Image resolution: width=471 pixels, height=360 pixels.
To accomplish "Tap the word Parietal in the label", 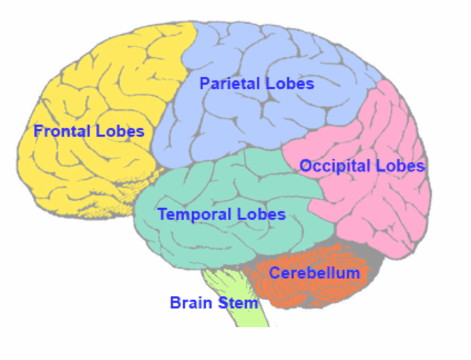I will click(229, 84).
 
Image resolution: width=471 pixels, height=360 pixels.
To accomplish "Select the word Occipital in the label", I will click(335, 166).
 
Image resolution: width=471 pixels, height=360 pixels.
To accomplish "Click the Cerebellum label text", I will click(314, 273).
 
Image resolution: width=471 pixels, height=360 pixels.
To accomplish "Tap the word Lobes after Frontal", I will click(120, 132).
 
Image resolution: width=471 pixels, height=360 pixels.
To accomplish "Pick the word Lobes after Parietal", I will click(290, 84).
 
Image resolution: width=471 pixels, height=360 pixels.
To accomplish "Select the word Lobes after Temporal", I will click(262, 214).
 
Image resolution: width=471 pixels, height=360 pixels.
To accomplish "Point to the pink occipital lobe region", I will click(382, 210).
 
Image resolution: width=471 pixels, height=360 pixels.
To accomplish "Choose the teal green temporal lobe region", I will click(222, 244).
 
